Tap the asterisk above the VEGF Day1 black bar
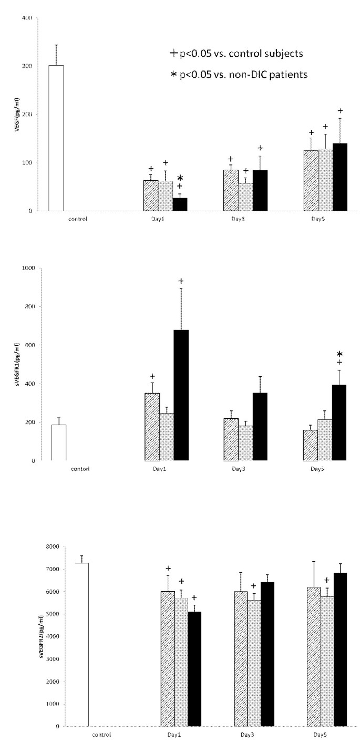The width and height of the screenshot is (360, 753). click(180, 179)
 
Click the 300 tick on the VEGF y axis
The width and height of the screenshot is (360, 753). click(28, 66)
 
